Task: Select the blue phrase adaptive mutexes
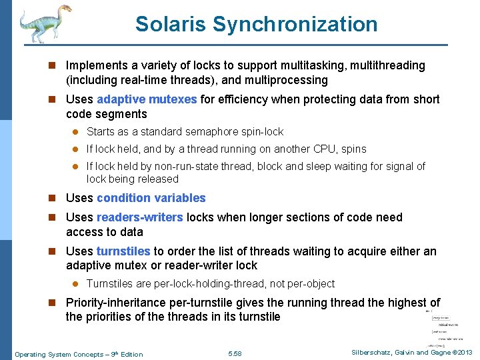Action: pos(146,99)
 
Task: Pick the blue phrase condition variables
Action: pos(151,198)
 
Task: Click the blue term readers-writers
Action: pos(140,217)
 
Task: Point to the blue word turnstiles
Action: pos(123,251)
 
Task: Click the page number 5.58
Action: pos(235,353)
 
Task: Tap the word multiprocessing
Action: pos(288,80)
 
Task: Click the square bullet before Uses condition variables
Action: pos(57,198)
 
